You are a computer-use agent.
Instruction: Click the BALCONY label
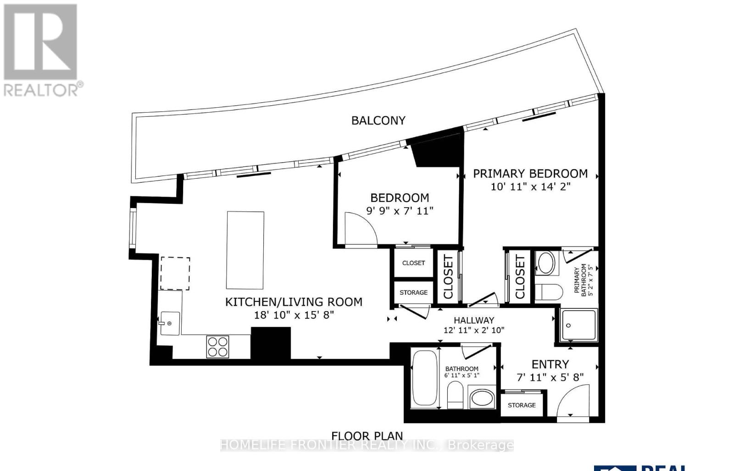[x=378, y=120]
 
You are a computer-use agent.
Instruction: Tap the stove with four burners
[x=217, y=346]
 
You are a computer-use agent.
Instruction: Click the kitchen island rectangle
[x=245, y=250]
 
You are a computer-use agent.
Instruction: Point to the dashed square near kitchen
[x=175, y=273]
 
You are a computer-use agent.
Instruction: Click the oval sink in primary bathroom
[x=545, y=263]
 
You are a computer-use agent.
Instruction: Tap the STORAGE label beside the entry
[x=522, y=405]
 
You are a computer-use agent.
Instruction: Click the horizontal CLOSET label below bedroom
[x=413, y=263]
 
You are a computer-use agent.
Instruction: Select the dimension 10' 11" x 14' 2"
[x=530, y=186]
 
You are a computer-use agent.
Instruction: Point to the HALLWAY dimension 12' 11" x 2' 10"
[x=474, y=330]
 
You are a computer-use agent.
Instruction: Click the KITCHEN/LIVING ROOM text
[x=294, y=302]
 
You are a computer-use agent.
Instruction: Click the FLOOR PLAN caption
[x=367, y=436]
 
